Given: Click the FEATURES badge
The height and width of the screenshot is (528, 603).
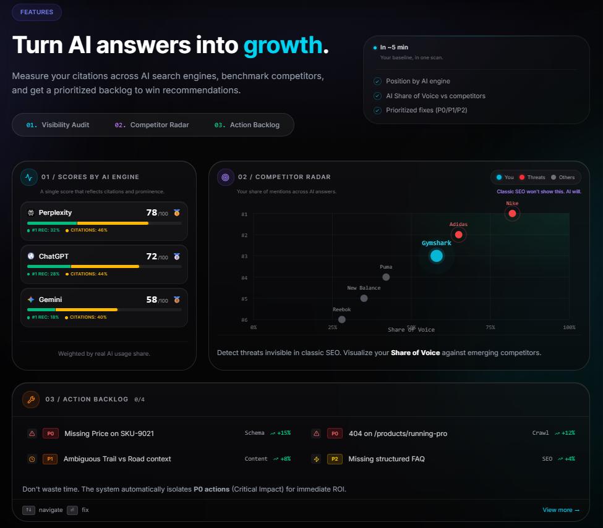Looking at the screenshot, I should [36, 12].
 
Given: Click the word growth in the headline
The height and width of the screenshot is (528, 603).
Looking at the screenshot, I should [283, 45].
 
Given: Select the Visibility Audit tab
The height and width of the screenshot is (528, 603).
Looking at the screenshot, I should [58, 125].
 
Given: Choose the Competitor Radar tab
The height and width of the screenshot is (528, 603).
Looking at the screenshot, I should [152, 125].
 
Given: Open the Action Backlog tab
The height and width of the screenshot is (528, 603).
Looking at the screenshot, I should [247, 125].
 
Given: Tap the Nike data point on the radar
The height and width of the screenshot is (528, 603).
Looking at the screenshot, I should [512, 214].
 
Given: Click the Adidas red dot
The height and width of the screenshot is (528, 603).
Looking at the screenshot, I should [458, 235].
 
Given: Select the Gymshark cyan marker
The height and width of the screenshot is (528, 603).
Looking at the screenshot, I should [437, 256].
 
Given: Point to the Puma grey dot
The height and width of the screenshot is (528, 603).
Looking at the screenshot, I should [386, 277].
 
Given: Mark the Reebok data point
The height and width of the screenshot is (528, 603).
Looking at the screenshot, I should [342, 320].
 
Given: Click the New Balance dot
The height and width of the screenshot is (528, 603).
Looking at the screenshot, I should [364, 298].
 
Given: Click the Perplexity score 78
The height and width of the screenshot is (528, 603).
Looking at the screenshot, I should [151, 212].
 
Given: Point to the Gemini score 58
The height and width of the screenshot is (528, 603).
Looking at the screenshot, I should [152, 300].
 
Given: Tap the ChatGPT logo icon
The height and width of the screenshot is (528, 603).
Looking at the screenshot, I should [31, 256].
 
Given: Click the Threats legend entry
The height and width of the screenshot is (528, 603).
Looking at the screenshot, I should [532, 177].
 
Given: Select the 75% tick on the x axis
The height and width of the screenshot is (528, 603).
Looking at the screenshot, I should [490, 327].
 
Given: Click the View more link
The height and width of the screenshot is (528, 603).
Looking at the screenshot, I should [560, 510].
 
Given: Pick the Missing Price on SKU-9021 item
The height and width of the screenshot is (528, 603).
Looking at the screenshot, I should [109, 434].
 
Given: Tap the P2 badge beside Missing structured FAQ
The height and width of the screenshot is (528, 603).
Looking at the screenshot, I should [335, 459].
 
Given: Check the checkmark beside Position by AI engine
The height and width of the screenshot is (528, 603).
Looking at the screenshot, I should [377, 82].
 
